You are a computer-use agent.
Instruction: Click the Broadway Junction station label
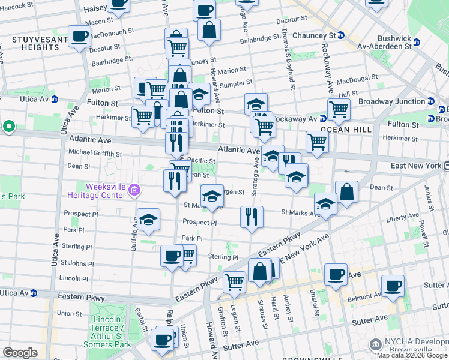coord(391,101)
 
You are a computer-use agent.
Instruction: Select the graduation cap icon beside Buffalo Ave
coord(148,220)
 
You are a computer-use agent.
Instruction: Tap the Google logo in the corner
coord(20,353)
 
